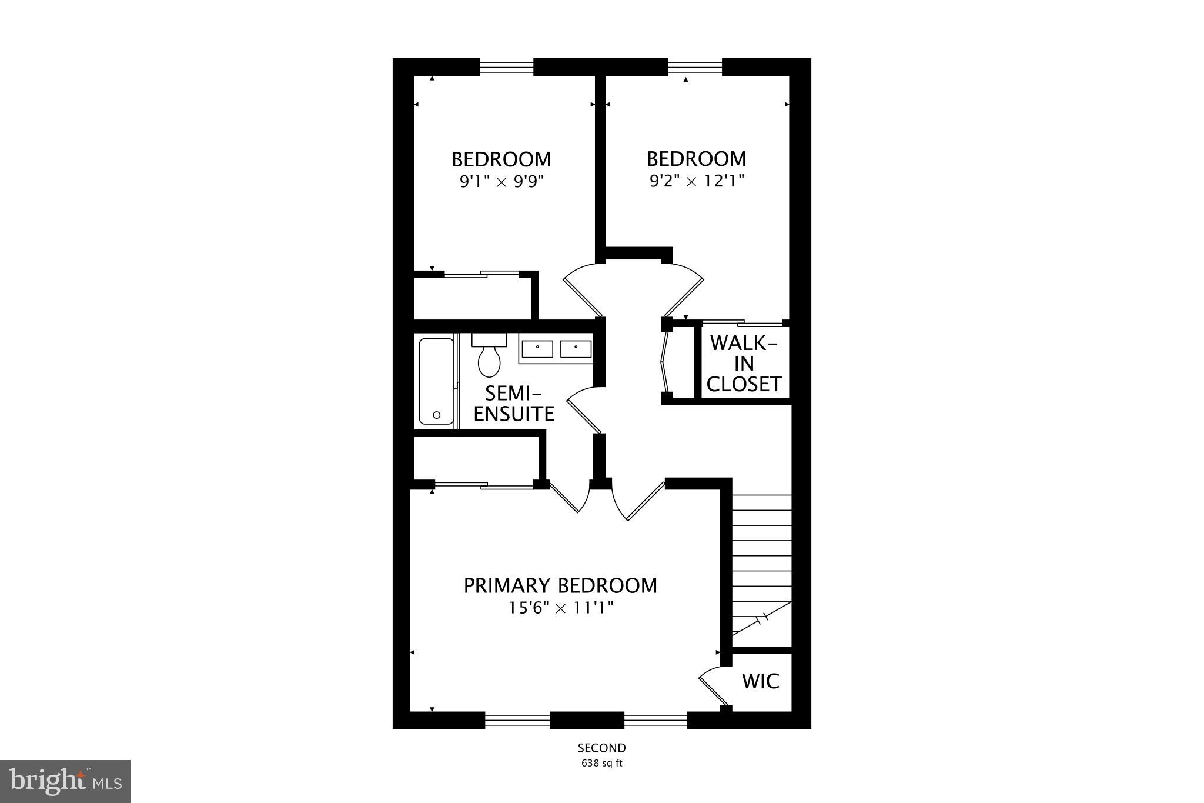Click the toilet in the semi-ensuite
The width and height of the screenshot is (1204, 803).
[489, 357]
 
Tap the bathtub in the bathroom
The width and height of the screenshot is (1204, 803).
[436, 381]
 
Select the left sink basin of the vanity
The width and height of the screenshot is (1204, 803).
[537, 349]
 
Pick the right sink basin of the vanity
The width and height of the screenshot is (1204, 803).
[576, 349]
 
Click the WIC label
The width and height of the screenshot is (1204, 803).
[760, 681]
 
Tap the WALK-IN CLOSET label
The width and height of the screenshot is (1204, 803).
[744, 364]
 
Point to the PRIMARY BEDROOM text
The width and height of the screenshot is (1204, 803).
[560, 586]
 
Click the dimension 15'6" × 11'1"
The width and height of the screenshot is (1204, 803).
[561, 608]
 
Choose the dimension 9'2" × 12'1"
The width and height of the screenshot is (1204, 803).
[697, 181]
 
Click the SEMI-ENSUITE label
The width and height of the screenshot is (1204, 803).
[514, 404]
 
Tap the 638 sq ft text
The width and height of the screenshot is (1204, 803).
[601, 764]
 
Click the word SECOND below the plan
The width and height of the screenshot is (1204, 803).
[601, 748]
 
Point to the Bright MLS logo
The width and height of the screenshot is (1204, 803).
[65, 781]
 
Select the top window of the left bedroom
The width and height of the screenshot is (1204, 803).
[506, 67]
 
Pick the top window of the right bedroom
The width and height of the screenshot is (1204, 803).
[695, 67]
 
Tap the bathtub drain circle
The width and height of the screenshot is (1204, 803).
[436, 415]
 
